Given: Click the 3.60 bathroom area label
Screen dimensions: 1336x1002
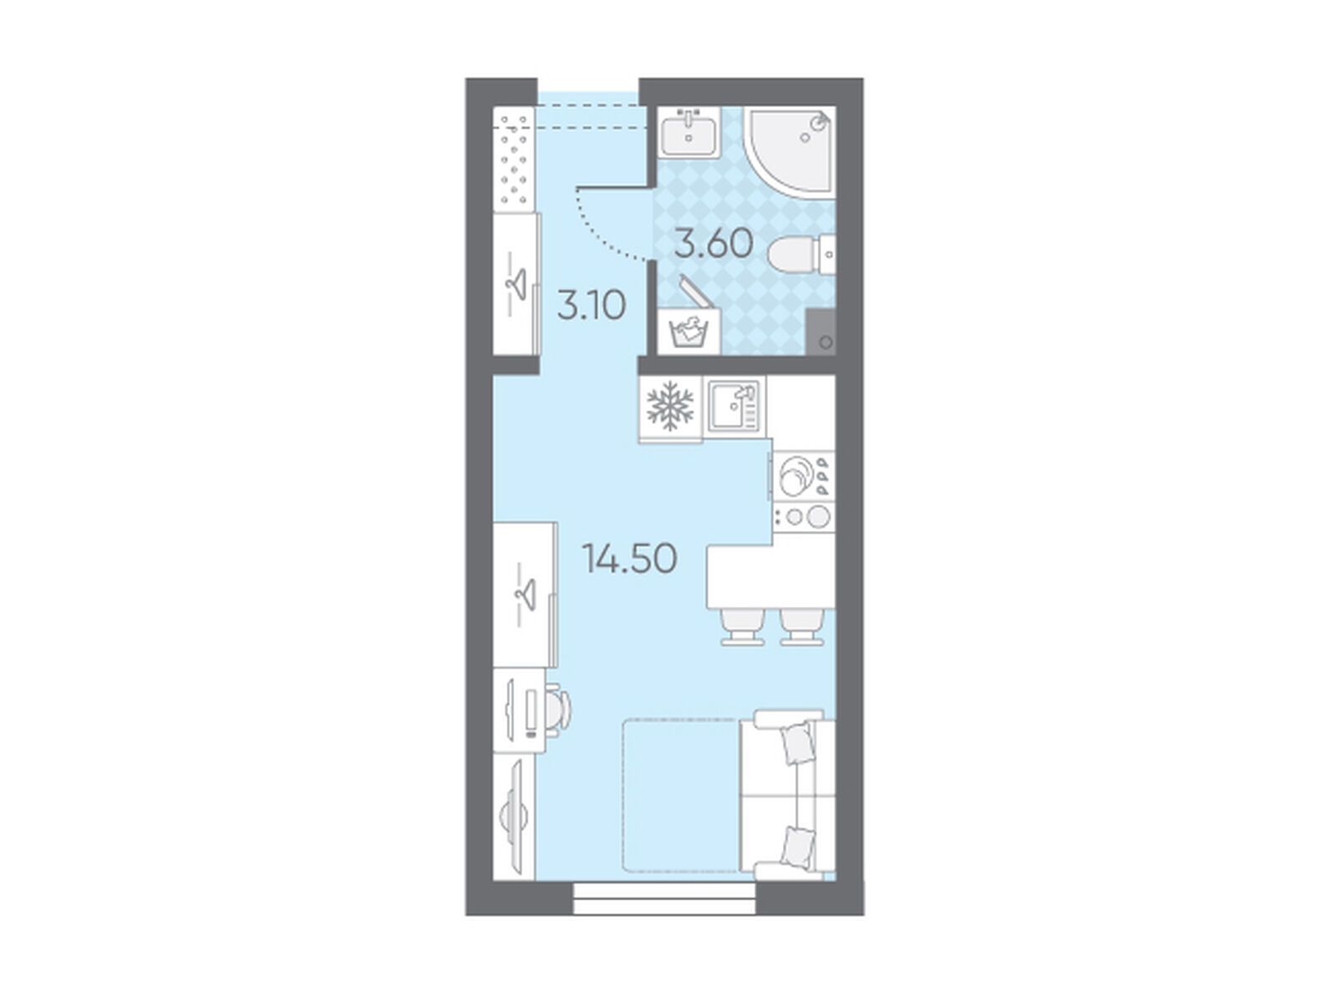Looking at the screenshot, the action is [x=714, y=245].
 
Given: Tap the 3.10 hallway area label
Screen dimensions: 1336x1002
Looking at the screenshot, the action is [x=592, y=306].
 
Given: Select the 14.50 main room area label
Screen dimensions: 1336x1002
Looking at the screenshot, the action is [x=629, y=558].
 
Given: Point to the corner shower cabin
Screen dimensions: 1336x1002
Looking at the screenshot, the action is [x=790, y=153].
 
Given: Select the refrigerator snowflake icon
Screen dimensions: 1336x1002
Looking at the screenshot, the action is [x=669, y=406].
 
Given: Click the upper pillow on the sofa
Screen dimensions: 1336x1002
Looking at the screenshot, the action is [x=798, y=742].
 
